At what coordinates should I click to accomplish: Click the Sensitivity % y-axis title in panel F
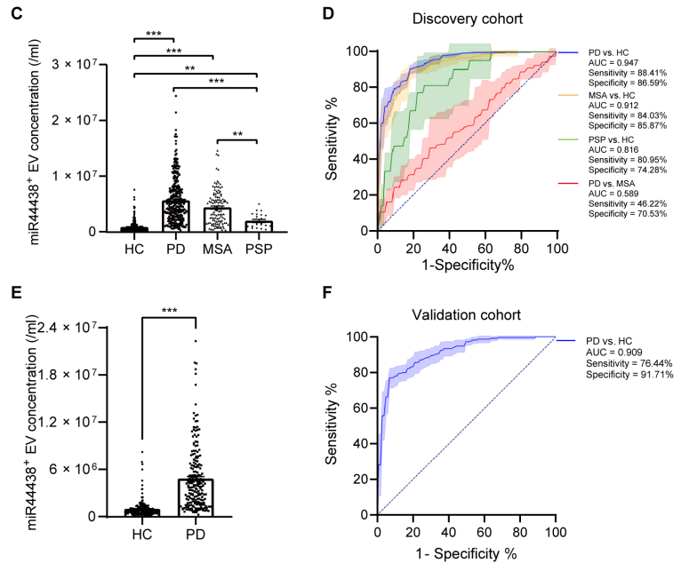tap(333, 424)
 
